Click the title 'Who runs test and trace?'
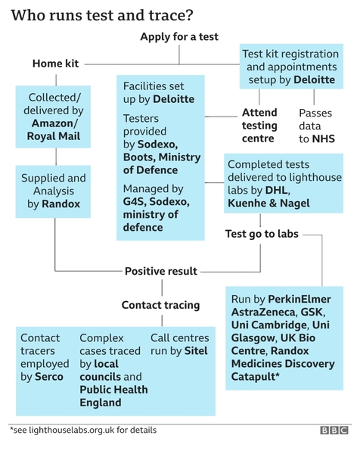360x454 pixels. point(102,15)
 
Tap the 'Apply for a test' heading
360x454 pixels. point(179,37)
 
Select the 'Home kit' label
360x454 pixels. point(55,64)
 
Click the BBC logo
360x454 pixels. point(334,430)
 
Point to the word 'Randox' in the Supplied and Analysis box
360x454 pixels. point(61,204)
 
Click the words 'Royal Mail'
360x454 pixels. point(54,136)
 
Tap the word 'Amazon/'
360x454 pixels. point(54,123)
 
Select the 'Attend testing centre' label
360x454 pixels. point(259,126)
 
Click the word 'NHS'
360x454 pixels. point(324,139)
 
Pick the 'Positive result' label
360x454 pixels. point(161,272)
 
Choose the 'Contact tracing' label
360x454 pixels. point(160,305)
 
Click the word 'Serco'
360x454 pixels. point(49,377)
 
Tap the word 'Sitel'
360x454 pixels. point(196,351)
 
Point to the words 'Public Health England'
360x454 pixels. point(113,396)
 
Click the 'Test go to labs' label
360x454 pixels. point(262,234)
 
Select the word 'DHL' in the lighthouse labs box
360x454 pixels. point(277,190)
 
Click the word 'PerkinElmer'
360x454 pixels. point(299,299)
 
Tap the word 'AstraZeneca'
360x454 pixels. point(263,312)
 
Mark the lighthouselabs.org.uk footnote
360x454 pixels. point(83,430)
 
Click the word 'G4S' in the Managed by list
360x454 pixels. point(134,201)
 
